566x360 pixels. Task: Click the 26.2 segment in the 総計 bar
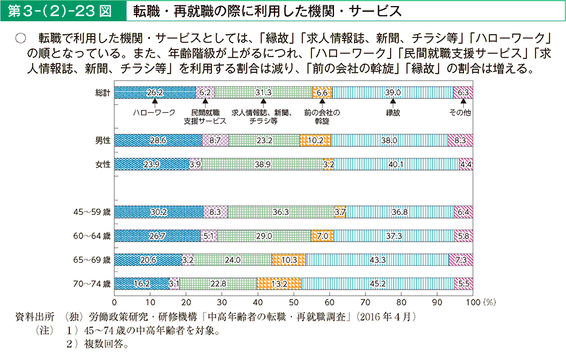pyautogui.click(x=155, y=92)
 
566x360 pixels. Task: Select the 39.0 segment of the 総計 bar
pyautogui.click(x=393, y=92)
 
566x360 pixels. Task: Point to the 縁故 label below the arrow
pyautogui.click(x=393, y=113)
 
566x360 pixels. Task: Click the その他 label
pyautogui.click(x=460, y=113)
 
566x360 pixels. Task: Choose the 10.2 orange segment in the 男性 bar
pyautogui.click(x=316, y=140)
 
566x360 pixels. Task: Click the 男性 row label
pyautogui.click(x=103, y=140)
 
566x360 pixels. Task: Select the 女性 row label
pyautogui.click(x=103, y=163)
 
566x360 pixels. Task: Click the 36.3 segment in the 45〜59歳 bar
pyautogui.click(x=281, y=212)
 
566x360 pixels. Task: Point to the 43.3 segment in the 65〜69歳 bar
pyautogui.click(x=377, y=260)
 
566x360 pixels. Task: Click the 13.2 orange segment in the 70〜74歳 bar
pyautogui.click(x=279, y=283)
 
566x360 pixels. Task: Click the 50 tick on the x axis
pyautogui.click(x=294, y=301)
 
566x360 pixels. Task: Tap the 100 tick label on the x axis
pyautogui.click(x=471, y=301)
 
